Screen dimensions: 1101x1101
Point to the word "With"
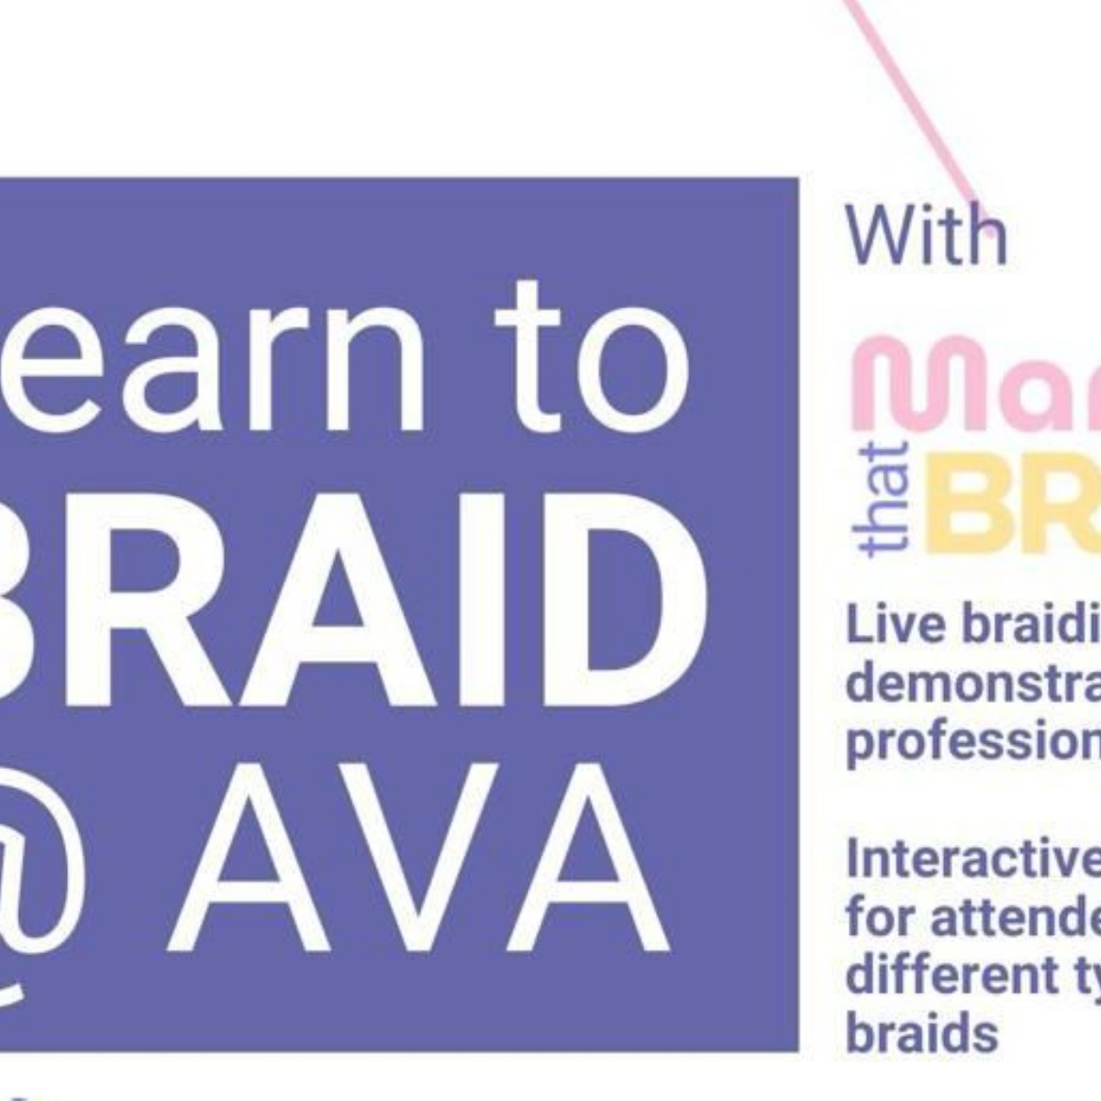coord(925,235)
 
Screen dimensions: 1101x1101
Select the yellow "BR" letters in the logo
coord(1009,501)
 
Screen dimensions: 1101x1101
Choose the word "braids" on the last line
coord(921,1031)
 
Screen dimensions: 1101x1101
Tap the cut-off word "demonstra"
coord(973,684)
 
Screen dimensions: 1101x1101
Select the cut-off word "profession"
coord(973,741)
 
